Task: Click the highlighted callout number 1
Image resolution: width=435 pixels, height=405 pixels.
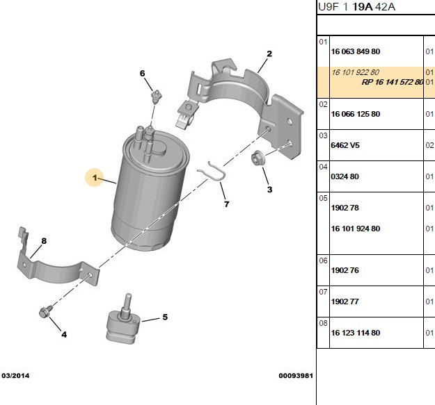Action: tap(95, 177)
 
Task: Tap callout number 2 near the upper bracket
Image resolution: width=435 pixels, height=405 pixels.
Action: tap(269, 53)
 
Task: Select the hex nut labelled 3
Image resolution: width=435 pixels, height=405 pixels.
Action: tap(257, 158)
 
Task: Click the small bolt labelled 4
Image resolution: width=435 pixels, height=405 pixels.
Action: tap(45, 311)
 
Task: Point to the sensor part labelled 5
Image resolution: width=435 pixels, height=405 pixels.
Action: tap(122, 322)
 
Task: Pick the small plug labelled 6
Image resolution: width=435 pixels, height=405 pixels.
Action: tap(156, 97)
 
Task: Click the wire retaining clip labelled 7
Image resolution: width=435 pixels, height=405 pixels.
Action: tap(212, 172)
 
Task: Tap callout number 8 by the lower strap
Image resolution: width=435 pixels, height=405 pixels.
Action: tap(44, 241)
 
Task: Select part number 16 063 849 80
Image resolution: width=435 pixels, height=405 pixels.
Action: tap(356, 51)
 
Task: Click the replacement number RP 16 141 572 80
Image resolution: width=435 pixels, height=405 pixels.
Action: tap(393, 82)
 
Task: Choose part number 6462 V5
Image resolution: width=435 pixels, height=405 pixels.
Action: tap(345, 145)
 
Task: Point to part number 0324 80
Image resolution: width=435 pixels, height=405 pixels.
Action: tap(345, 176)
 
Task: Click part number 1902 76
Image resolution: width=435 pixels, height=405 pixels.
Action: tap(345, 270)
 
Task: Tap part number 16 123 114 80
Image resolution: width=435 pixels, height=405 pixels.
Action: tap(356, 333)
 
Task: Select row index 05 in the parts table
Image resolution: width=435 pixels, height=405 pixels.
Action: tap(323, 198)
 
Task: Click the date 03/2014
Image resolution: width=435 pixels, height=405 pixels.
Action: tap(15, 376)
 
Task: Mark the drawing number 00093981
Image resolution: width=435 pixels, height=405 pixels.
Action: tap(296, 376)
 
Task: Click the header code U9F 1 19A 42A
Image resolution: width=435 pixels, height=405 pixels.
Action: tap(356, 7)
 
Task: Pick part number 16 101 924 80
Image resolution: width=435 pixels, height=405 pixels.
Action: tap(356, 229)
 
